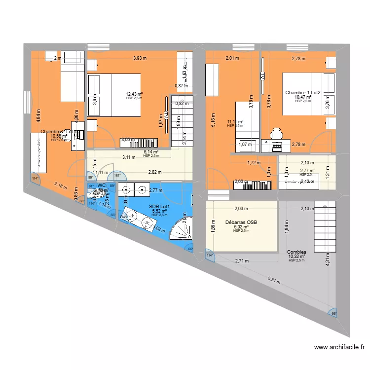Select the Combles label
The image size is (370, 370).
point(296,252)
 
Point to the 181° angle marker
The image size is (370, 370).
point(117,175)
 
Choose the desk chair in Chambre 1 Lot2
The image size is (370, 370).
point(276,133)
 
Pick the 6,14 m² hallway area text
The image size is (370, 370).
point(151,152)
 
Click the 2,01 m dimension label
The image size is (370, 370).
point(232,58)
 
